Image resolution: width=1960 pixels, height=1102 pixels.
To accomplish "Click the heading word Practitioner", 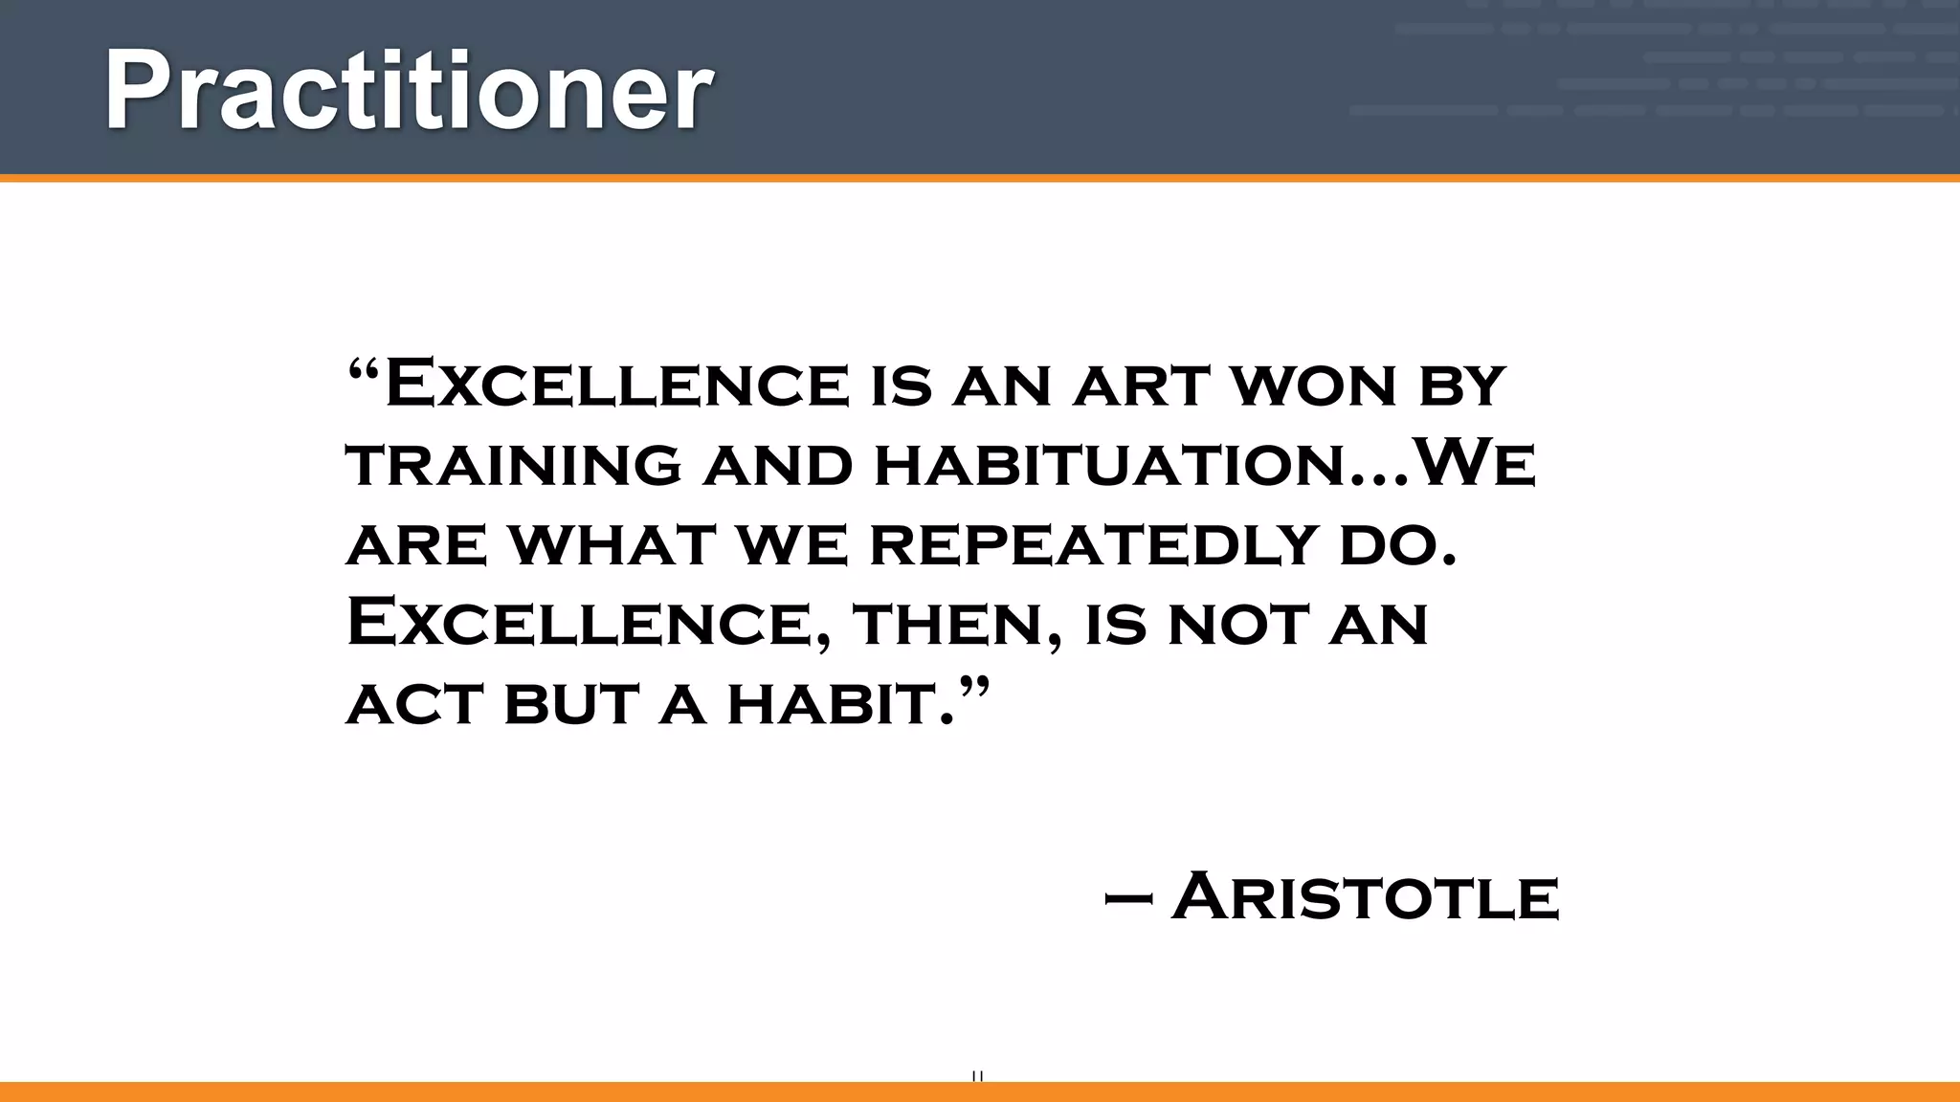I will click(409, 91).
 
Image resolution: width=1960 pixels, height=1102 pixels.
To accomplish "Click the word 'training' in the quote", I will click(514, 465).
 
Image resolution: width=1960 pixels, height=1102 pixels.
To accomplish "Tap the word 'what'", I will click(612, 545).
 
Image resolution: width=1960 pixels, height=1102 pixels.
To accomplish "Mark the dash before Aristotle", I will click(1127, 899).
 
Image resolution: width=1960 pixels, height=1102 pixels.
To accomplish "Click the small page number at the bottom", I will click(977, 1076).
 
